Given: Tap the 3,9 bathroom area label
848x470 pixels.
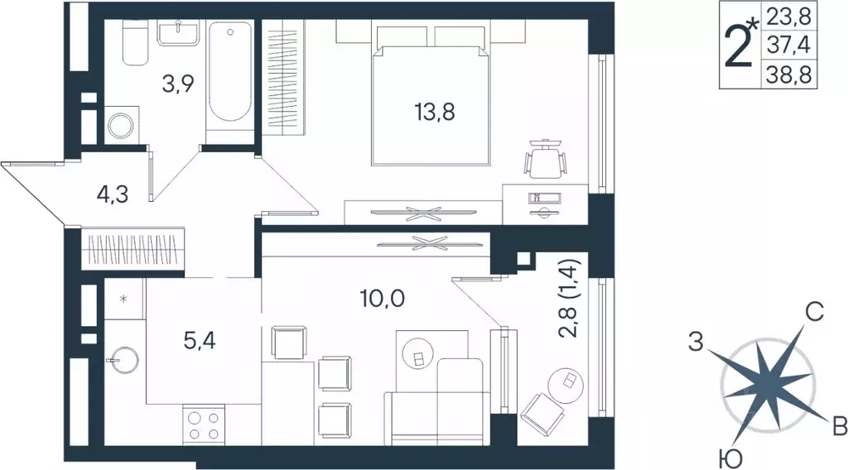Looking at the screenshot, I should pos(178,83).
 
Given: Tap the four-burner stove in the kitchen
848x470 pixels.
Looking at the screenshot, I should pos(204,425).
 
